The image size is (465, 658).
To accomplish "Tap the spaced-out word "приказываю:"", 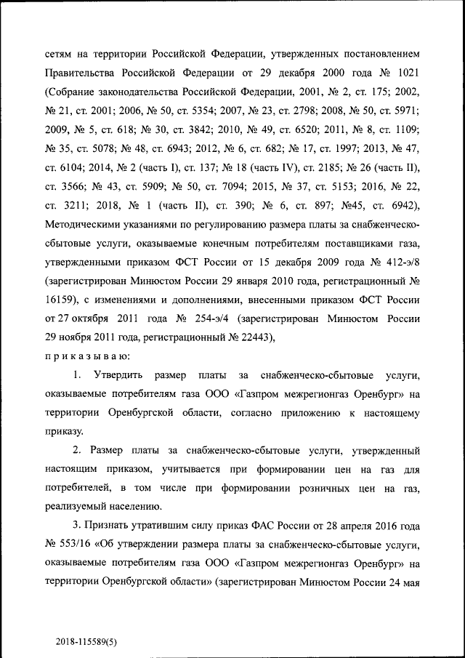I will pos(87,356).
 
